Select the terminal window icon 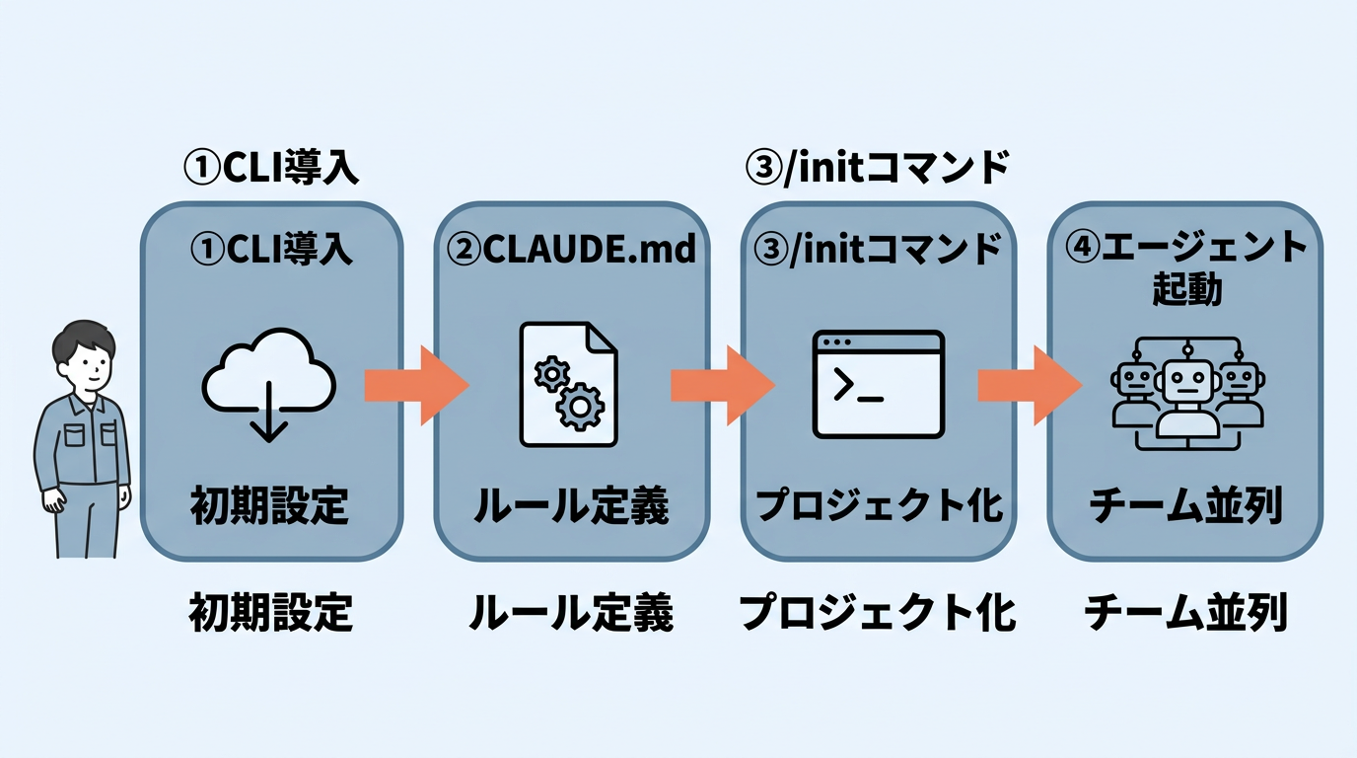(x=878, y=385)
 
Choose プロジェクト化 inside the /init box (x=878, y=506)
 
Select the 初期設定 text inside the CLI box (x=269, y=506)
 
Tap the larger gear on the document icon (x=581, y=406)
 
